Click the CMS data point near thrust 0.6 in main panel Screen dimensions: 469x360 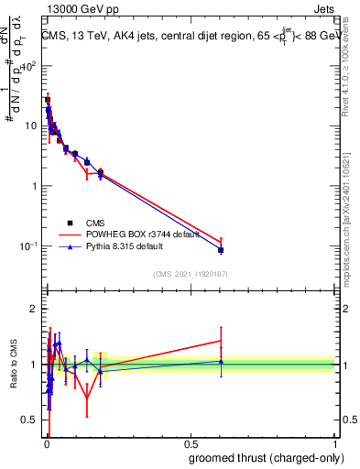[x=221, y=249]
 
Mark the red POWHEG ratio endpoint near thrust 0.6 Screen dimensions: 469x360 [x=221, y=341]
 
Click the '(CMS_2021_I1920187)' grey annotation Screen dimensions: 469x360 [x=190, y=272]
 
